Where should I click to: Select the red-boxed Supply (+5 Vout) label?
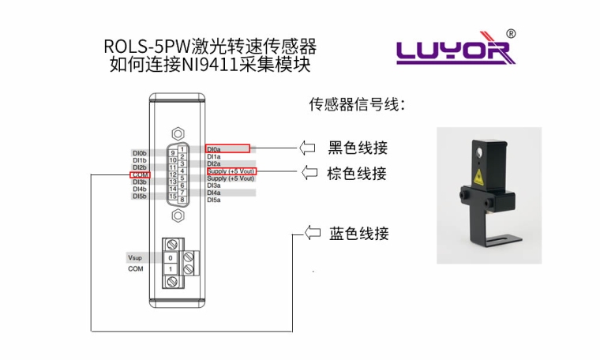(x=231, y=171)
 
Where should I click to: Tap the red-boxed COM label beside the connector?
(x=140, y=174)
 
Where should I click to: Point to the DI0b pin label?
(x=140, y=152)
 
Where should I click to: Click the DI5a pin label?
(x=214, y=201)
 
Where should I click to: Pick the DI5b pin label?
(x=140, y=197)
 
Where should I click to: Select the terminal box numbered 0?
(x=171, y=258)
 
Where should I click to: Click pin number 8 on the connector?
(x=182, y=201)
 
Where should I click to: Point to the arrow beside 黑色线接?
(x=306, y=148)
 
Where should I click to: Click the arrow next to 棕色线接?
(x=306, y=172)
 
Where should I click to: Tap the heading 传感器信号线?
(x=356, y=104)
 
